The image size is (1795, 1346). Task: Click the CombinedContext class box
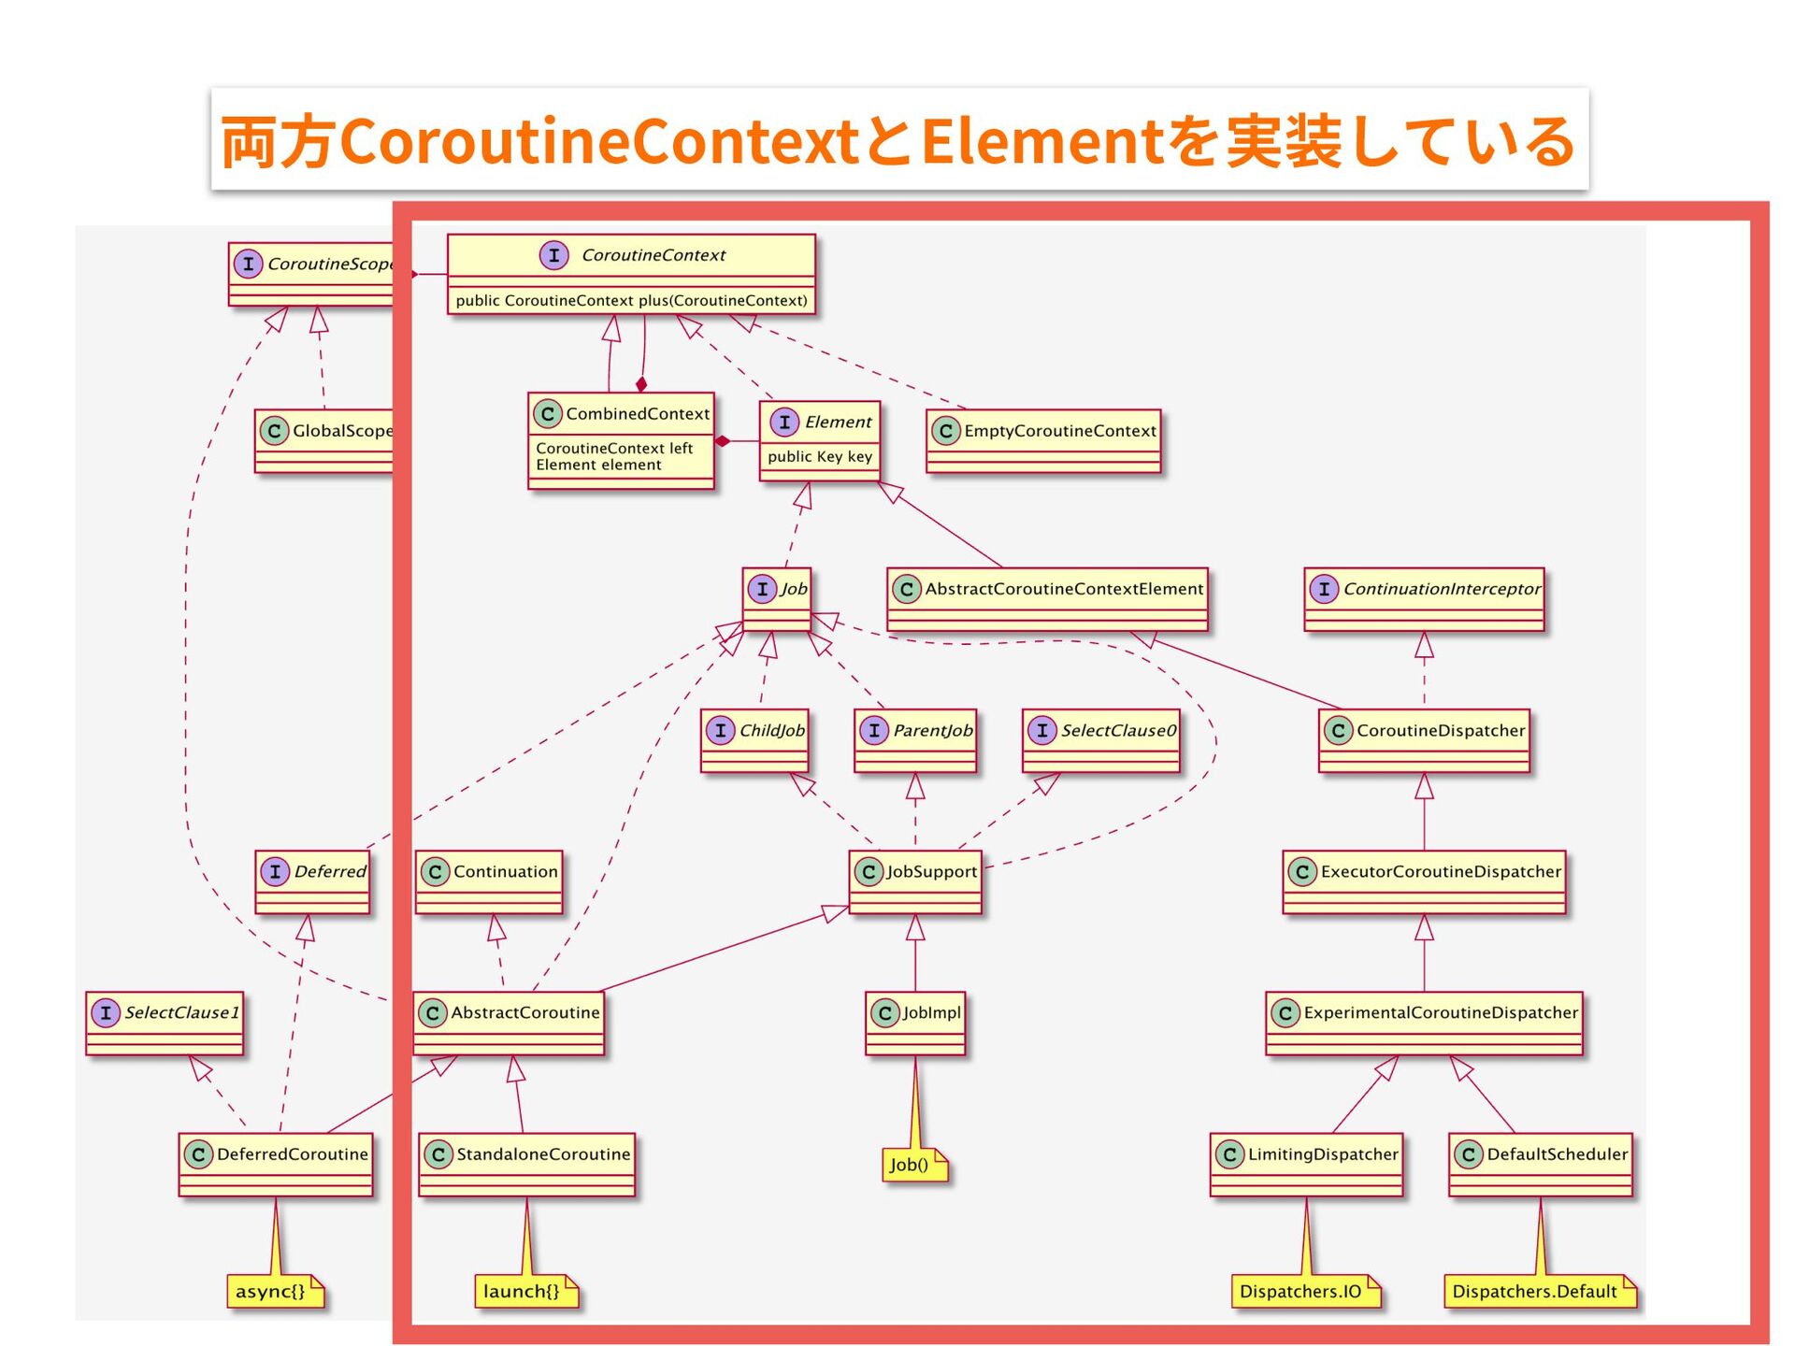621,439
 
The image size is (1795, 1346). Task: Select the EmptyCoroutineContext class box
1043,440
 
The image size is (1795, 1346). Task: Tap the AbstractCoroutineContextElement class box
1047,598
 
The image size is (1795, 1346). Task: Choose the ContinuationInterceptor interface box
1424,598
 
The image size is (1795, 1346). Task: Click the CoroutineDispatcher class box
1424,740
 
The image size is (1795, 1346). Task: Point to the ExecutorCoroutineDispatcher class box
1424,881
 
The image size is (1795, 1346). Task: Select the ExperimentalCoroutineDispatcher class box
1424,1023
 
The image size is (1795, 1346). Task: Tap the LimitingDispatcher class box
1307,1164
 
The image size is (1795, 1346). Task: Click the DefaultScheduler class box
1541,1164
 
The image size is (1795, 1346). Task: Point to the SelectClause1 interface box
165,1023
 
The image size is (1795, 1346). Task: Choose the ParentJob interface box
915,740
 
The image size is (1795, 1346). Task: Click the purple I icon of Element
784,422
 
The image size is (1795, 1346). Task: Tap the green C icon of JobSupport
868,872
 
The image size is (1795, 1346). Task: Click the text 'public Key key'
820,457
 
